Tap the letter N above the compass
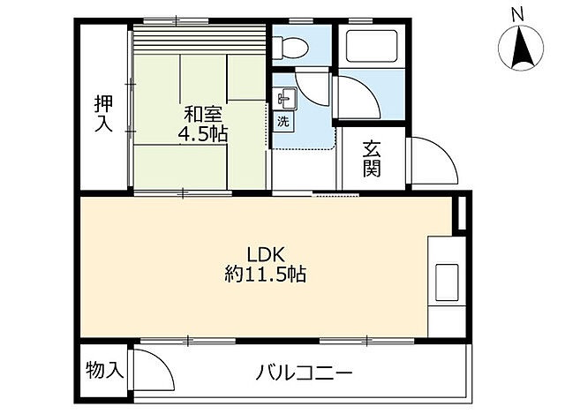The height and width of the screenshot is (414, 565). [x=519, y=13]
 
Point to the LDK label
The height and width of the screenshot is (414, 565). [x=264, y=250]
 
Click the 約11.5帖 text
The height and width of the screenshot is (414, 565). [x=264, y=274]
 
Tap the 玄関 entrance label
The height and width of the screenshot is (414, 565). [x=372, y=159]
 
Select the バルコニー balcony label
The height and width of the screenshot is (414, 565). [x=305, y=372]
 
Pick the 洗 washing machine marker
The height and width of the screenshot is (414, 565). [x=283, y=119]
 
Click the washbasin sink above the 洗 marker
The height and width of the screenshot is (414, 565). [x=282, y=97]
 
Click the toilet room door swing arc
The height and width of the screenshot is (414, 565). [x=311, y=86]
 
